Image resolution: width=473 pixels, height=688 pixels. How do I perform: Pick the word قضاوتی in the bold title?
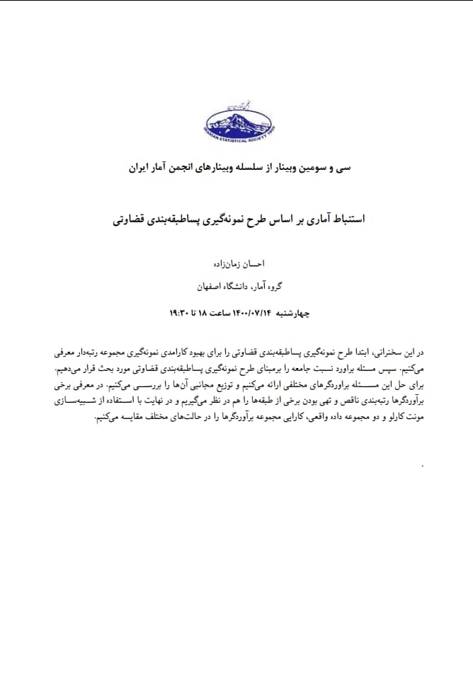pos(131,219)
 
